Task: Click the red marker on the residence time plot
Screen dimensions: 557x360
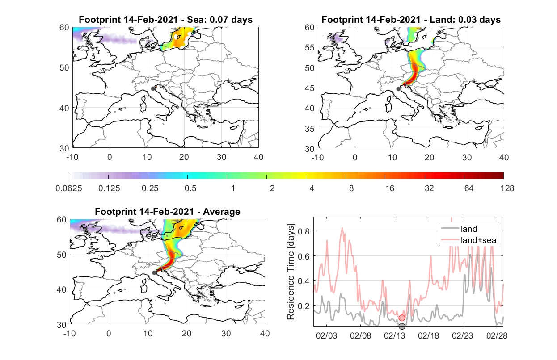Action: [402, 318]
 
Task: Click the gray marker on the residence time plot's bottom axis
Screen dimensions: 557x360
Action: [402, 326]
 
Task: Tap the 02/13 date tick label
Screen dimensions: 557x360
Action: [395, 336]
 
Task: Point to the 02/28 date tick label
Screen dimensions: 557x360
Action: [497, 336]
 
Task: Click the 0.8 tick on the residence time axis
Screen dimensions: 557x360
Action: [304, 231]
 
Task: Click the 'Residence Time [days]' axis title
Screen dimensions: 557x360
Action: [291, 272]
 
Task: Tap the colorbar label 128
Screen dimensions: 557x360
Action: [507, 188]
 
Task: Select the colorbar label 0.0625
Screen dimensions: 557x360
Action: [69, 188]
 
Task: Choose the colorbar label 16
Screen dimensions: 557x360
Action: [390, 188]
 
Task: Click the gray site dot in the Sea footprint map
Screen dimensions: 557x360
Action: [153, 89]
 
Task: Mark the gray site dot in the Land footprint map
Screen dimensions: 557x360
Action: [398, 89]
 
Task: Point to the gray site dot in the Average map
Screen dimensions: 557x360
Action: [154, 272]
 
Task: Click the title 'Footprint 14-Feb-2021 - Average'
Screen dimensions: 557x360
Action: [168, 212]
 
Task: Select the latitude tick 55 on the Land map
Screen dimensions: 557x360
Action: [310, 47]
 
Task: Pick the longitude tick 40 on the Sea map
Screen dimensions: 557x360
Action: [258, 157]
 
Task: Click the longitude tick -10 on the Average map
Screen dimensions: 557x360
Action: [70, 333]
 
